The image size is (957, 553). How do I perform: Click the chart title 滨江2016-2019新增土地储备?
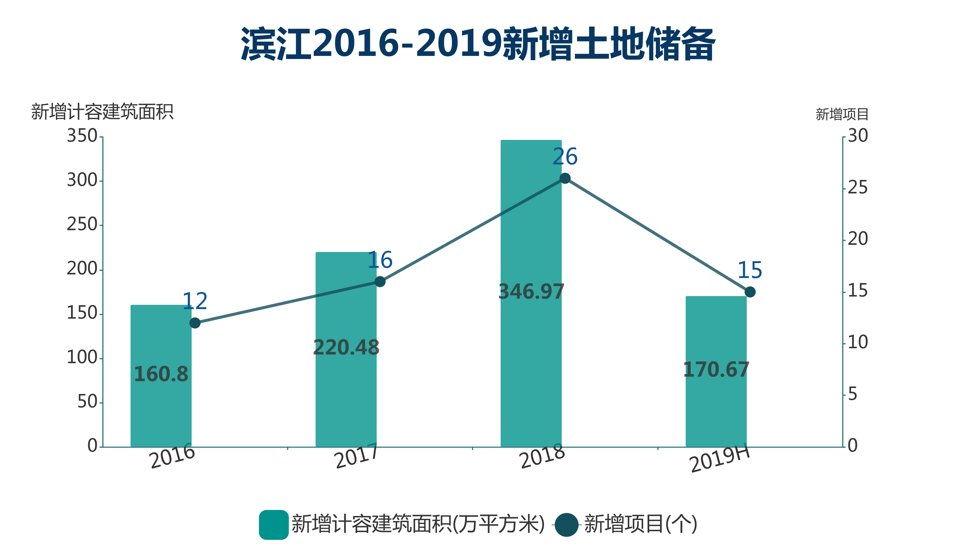[478, 44]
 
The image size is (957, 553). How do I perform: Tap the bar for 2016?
[161, 410]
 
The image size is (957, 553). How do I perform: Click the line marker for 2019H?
[750, 292]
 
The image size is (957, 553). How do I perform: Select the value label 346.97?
[531, 291]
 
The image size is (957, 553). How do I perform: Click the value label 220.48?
[346, 347]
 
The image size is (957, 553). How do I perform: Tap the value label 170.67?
[716, 370]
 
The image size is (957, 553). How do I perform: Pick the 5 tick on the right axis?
[853, 394]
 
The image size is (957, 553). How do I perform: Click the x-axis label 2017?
[356, 456]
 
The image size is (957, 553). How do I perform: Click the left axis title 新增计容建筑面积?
[102, 112]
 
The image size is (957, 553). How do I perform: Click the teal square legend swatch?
[273, 525]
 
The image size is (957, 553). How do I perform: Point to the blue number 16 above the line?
[380, 260]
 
